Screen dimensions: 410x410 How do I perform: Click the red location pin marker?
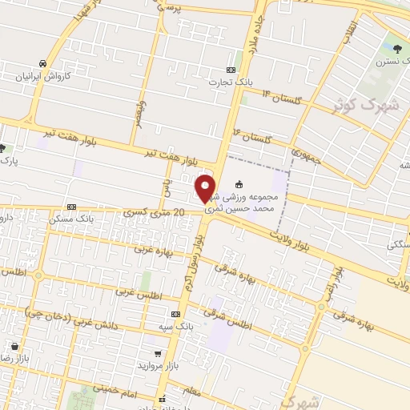pyautogui.click(x=206, y=188)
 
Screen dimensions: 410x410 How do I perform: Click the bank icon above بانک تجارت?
pyautogui.click(x=231, y=70)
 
